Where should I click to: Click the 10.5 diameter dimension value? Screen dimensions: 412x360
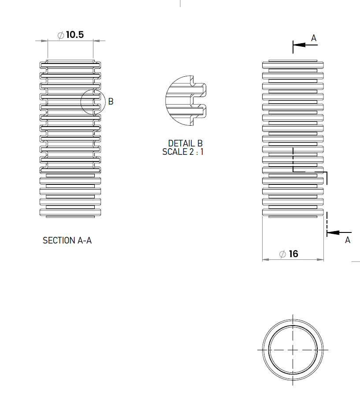tap(74, 35)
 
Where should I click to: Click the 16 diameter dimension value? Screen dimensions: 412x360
tap(293, 254)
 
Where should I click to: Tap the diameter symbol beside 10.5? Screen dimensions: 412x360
tap(61, 35)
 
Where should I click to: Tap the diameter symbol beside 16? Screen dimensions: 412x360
tap(283, 254)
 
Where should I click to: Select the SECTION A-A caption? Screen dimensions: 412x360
tap(67, 240)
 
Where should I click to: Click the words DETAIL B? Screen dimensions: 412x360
tap(185, 143)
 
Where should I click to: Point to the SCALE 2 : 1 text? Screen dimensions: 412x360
tap(183, 152)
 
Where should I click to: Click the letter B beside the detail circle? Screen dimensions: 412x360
tap(111, 101)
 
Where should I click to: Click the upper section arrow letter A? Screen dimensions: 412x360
tap(314, 38)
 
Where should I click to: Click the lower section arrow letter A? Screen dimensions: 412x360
tap(348, 240)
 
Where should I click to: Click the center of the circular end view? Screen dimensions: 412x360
tap(293, 349)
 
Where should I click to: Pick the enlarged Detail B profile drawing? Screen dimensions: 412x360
tap(185, 100)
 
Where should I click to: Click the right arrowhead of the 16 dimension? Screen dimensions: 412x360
tap(321, 259)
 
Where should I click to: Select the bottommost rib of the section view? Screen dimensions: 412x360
tap(71, 212)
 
